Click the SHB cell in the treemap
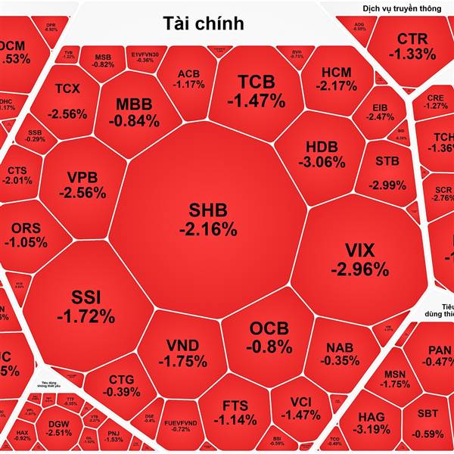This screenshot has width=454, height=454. [x=207, y=219]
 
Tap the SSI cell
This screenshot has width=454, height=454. [x=86, y=306]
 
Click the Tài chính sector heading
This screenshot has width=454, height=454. [x=204, y=23]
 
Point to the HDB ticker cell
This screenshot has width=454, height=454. [x=326, y=154]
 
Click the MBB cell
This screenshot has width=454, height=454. [x=134, y=112]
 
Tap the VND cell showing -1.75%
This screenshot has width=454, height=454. [x=182, y=353]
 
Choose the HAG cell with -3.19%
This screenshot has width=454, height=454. [x=371, y=423]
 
